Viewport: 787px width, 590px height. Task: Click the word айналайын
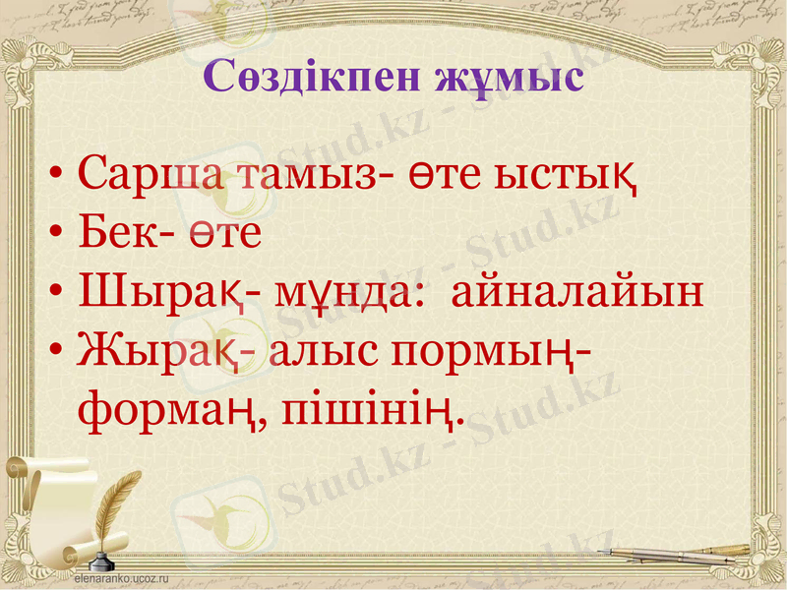point(578,293)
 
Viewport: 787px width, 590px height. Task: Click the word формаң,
point(171,410)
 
